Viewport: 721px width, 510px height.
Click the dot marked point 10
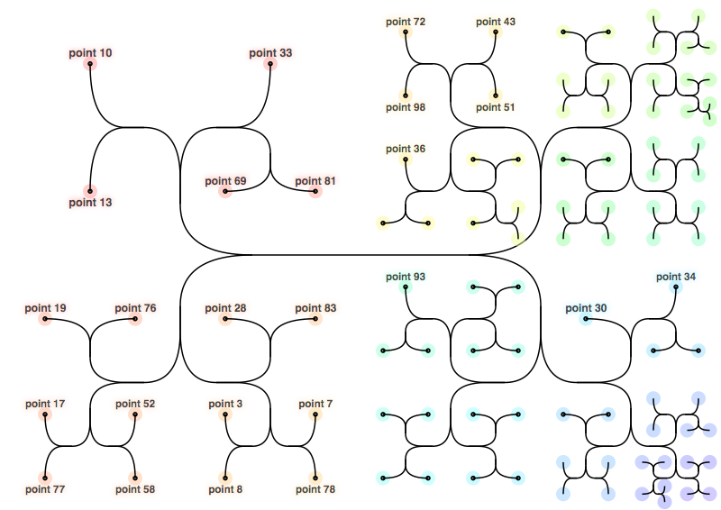(x=90, y=64)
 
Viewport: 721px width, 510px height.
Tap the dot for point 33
(x=270, y=64)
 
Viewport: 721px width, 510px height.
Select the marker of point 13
(x=90, y=191)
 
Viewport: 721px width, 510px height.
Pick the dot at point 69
(x=225, y=191)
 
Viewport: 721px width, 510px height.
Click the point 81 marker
(x=315, y=191)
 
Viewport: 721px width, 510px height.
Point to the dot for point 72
(x=406, y=32)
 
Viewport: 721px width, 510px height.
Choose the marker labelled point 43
(x=496, y=32)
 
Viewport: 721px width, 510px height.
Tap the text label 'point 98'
(x=406, y=107)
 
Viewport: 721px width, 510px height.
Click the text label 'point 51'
(x=496, y=107)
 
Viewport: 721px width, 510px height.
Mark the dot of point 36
(x=406, y=159)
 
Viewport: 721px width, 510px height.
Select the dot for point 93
(x=406, y=287)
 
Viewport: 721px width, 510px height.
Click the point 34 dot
(x=676, y=287)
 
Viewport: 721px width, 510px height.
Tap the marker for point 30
(x=586, y=319)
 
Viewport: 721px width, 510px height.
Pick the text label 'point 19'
(x=45, y=308)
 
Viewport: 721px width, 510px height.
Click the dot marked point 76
(x=135, y=319)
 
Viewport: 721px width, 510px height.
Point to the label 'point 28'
(x=225, y=308)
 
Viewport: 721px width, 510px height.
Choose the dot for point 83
(x=315, y=319)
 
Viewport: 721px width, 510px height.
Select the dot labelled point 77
(x=45, y=478)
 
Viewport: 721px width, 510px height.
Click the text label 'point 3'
(x=225, y=404)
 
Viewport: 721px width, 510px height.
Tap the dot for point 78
(x=315, y=478)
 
